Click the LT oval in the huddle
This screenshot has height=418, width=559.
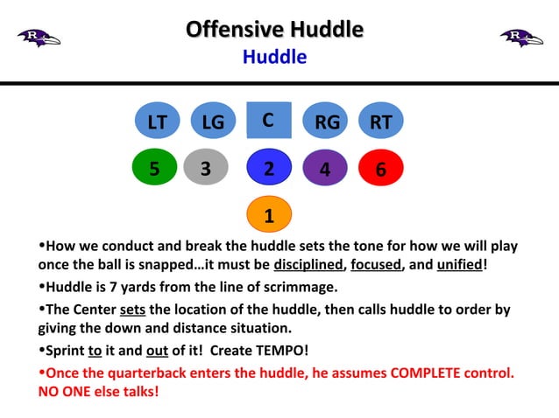pos(157,122)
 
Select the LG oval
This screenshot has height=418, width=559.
pos(213,122)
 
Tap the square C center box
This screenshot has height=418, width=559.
pos(269,120)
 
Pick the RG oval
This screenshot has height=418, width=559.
pos(326,122)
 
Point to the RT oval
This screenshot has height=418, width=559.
pos(381,122)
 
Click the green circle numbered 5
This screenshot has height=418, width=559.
pos(154,168)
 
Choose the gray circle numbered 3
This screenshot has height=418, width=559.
pos(206,168)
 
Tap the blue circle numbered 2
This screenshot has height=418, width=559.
pos(269,168)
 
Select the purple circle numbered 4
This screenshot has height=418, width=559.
pos(325,169)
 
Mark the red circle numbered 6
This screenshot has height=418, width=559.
pos(380,169)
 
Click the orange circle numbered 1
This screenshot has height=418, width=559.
pos(269,213)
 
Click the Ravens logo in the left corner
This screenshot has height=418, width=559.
pos(39,38)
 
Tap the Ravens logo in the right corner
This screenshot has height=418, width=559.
pos(521,38)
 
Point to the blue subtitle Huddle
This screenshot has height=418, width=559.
pos(274,58)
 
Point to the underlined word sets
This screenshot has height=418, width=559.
pos(132,310)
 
